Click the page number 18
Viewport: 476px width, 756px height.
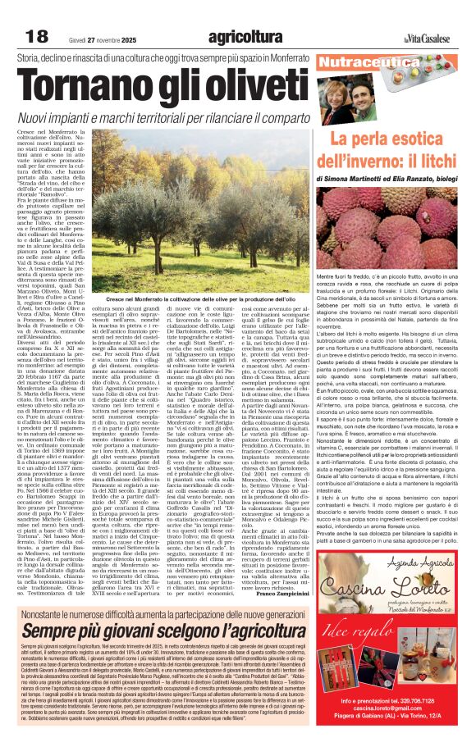tap(37, 37)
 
